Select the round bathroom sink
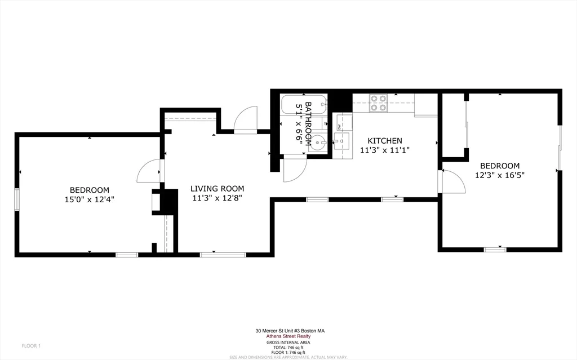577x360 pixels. (x=319, y=142)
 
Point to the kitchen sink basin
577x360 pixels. (x=341, y=141)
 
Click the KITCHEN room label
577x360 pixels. (x=385, y=141)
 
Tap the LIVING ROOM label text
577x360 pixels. (x=217, y=189)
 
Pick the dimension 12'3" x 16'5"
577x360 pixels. (x=500, y=175)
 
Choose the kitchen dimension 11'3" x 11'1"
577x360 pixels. (x=385, y=150)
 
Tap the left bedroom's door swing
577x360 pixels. (x=148, y=171)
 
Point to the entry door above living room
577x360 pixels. (x=245, y=120)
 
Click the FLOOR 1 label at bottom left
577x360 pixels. (x=31, y=345)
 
